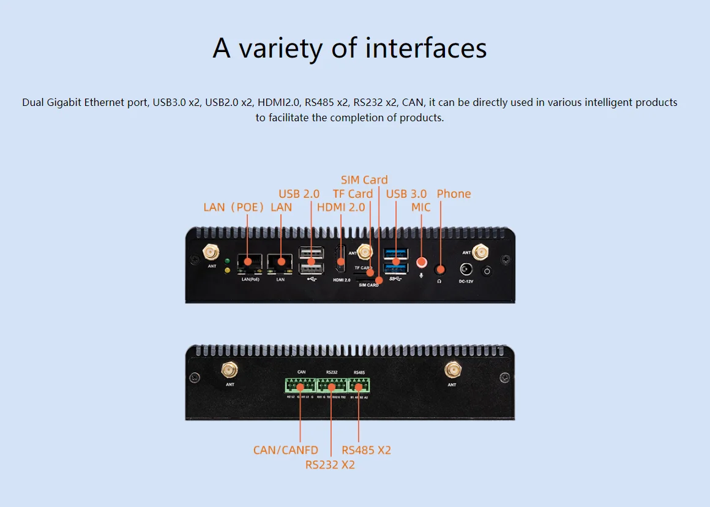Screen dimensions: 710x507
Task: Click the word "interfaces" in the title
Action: (x=426, y=48)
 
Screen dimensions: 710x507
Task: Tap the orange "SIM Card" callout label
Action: (x=364, y=179)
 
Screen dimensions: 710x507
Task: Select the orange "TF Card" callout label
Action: (x=353, y=193)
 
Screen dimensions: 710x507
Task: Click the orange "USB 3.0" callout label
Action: (x=406, y=193)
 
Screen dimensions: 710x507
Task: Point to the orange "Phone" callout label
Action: (x=454, y=193)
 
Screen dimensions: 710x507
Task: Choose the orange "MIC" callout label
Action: (x=421, y=207)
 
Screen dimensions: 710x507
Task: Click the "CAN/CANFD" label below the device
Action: (x=286, y=450)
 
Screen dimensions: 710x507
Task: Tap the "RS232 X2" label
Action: (x=330, y=465)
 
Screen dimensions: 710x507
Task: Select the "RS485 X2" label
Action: (x=367, y=450)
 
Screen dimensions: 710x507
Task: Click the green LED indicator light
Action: (x=228, y=261)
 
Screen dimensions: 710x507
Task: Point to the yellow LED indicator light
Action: (x=228, y=270)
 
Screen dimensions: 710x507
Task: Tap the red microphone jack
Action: (x=421, y=262)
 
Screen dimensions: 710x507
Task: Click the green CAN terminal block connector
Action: (x=300, y=386)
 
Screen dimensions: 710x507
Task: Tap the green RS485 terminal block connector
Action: (x=359, y=386)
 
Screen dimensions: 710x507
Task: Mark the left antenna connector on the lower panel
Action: (x=230, y=370)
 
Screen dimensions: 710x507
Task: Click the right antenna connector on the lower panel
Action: (x=452, y=370)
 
